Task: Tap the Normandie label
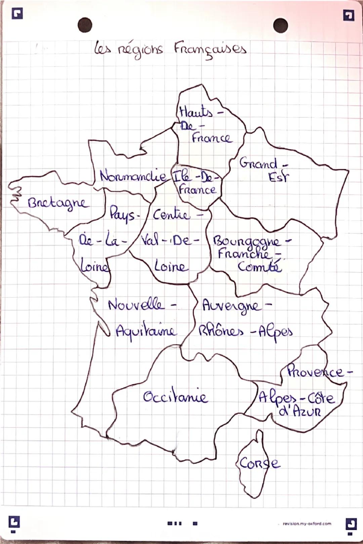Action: click(x=133, y=176)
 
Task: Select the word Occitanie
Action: click(x=175, y=397)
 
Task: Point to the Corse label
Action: click(x=259, y=464)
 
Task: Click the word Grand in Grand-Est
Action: click(x=258, y=164)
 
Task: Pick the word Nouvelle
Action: click(x=136, y=305)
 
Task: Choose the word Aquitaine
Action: click(x=146, y=332)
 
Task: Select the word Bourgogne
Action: click(x=246, y=241)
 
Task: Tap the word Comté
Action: click(x=259, y=267)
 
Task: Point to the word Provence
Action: click(x=315, y=372)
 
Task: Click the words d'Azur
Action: click(x=300, y=411)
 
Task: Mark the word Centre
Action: click(x=171, y=215)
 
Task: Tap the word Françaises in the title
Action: click(x=210, y=49)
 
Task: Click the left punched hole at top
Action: click(x=85, y=25)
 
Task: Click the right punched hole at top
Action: click(x=280, y=25)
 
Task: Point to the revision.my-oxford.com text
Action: click(x=307, y=524)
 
